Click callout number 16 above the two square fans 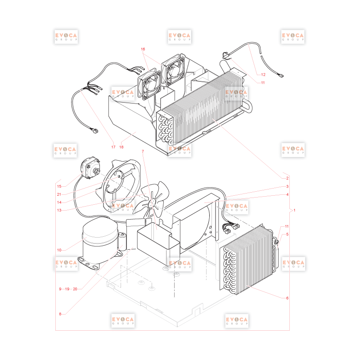click(143, 49)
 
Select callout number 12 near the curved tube click(263, 75)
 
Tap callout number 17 click(113, 147)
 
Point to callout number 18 click(121, 147)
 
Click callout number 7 click(143, 151)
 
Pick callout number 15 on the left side click(59, 186)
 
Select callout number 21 click(59, 194)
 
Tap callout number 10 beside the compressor click(59, 250)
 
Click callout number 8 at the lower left click(60, 314)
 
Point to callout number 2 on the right click(287, 178)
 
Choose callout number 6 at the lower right click(287, 298)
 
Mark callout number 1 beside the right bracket click(294, 210)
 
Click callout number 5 click(287, 234)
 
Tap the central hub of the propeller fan click(151, 202)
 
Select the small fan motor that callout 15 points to click(90, 168)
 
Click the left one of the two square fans click(149, 85)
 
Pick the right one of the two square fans click(173, 69)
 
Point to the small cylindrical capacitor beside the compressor click(122, 242)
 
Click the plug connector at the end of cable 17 click(94, 131)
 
